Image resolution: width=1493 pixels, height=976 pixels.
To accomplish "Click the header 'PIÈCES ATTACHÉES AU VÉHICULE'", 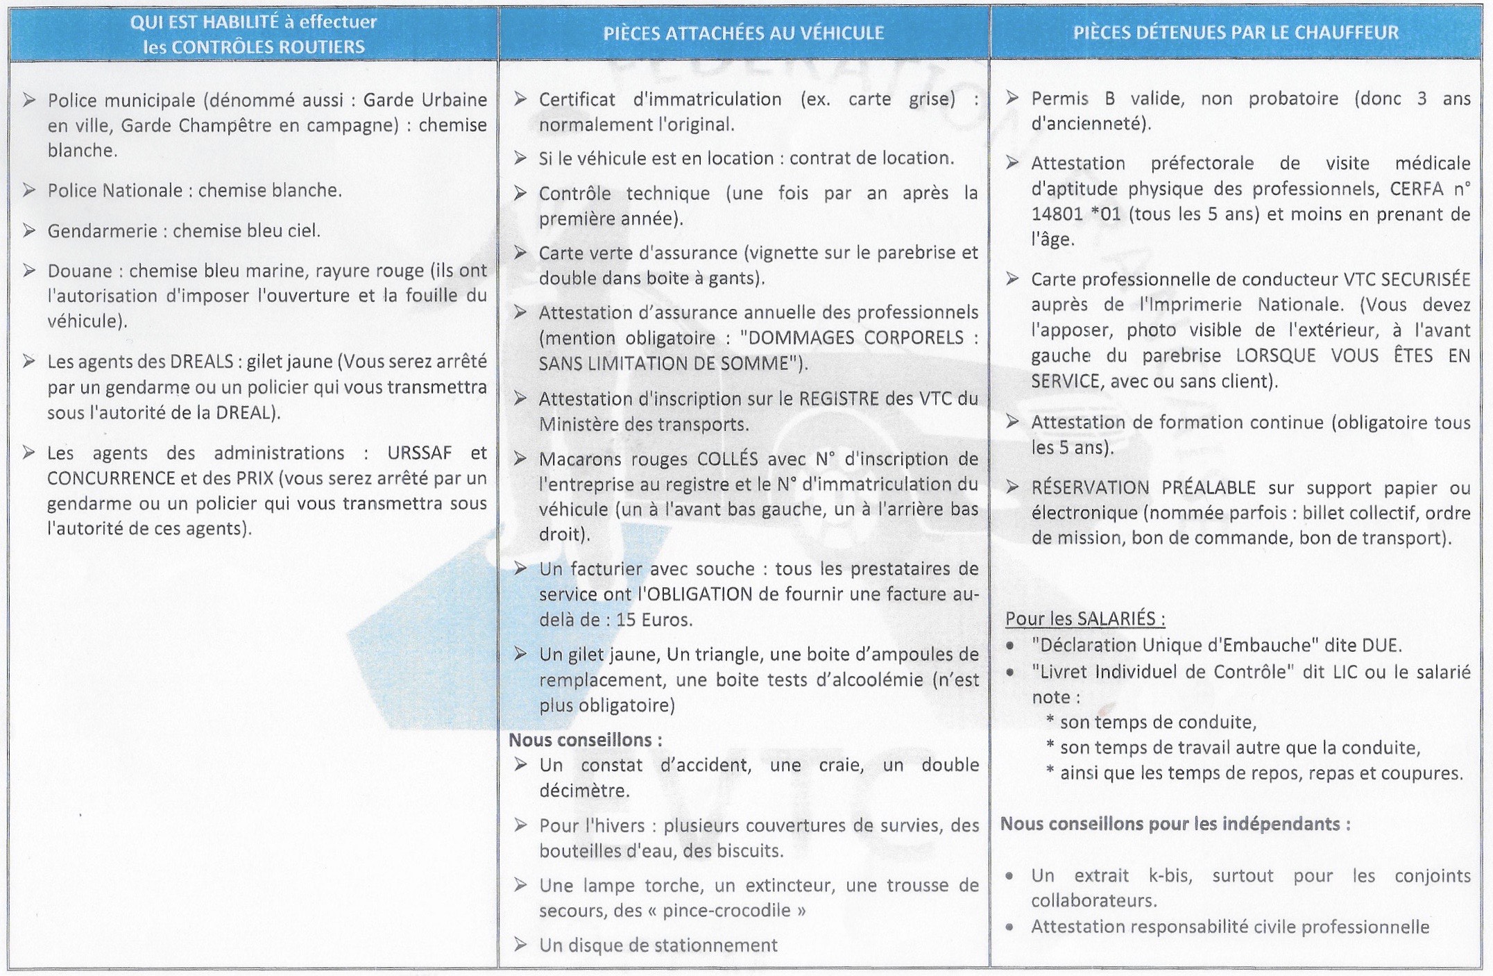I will coord(743,33).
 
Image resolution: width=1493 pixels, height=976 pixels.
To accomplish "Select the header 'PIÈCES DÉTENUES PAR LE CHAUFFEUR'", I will coord(1236,33).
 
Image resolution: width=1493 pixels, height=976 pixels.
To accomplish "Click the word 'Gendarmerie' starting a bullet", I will coord(102,230).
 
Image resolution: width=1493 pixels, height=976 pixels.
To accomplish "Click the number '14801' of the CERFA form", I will coord(1057,214).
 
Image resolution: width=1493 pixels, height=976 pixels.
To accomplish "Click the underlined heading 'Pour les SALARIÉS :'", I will coord(1085,619).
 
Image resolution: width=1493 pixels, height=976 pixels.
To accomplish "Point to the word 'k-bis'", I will coord(1170,876).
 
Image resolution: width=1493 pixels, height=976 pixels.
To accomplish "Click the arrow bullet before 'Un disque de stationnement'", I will coord(520,945).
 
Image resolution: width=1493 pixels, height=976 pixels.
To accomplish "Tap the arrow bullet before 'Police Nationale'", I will coord(29,190).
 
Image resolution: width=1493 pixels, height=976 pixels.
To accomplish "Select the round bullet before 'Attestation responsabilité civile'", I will coord(1010,927).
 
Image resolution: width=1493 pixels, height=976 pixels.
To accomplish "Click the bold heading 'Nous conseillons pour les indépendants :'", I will coord(1175,825).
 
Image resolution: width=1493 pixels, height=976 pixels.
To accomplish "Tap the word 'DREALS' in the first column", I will coord(201,362).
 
